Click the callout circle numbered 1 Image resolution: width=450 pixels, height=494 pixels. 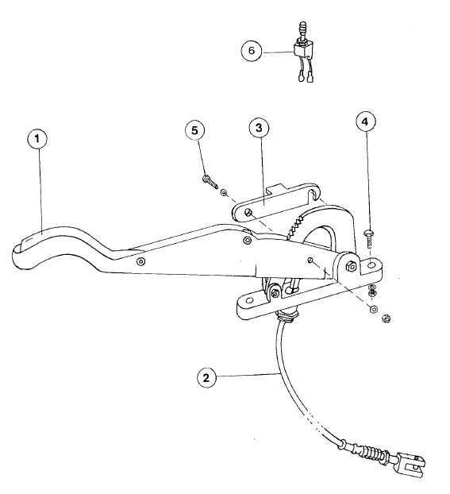[37, 139]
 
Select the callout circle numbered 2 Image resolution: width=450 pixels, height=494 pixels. [206, 377]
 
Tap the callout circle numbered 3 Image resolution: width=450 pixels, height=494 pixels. [259, 128]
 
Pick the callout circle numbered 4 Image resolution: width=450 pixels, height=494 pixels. [366, 122]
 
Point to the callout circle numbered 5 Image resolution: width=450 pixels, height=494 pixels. [195, 130]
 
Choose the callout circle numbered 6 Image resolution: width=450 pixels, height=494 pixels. [252, 51]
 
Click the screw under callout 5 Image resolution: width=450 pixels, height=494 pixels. [210, 182]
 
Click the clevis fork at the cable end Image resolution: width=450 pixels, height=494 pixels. [411, 463]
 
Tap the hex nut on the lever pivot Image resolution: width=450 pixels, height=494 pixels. [351, 267]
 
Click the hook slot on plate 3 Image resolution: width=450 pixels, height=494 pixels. [313, 195]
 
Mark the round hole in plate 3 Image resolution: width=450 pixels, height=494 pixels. [248, 212]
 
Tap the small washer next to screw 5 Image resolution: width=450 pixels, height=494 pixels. [224, 192]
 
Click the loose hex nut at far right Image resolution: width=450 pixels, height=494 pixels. [385, 318]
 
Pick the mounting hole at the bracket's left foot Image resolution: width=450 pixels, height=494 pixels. [249, 300]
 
